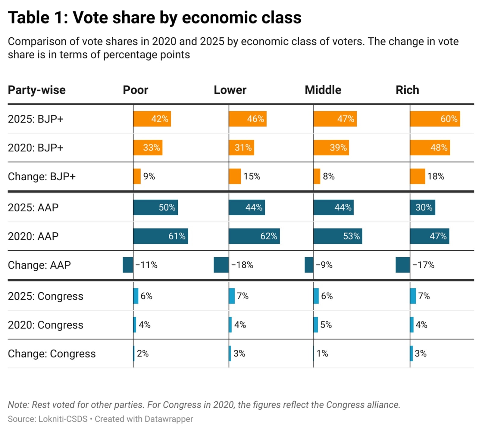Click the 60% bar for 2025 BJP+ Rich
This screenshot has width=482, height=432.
[435, 119]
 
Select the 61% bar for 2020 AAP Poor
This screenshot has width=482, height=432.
[161, 236]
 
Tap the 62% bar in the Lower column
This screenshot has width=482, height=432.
[254, 236]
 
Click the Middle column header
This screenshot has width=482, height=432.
[323, 90]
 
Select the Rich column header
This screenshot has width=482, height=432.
[407, 90]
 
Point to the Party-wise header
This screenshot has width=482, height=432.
[36, 90]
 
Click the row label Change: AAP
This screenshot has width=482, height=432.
[39, 265]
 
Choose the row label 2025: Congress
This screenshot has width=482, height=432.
[45, 296]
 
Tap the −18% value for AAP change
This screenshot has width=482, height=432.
[242, 265]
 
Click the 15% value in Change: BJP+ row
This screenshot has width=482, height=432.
[252, 176]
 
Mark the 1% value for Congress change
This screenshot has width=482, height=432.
[322, 353]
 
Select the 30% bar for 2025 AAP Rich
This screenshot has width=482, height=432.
[422, 207]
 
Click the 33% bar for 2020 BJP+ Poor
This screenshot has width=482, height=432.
[148, 148]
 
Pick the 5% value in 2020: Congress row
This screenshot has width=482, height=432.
[326, 325]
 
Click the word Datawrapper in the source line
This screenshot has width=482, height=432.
[169, 419]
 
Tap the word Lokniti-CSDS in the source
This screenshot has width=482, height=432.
[63, 419]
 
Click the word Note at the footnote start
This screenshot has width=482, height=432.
[18, 405]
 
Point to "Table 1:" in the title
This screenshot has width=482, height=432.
[38, 17]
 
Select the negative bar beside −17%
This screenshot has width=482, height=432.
[402, 265]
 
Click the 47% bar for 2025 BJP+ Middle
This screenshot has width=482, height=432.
[335, 119]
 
